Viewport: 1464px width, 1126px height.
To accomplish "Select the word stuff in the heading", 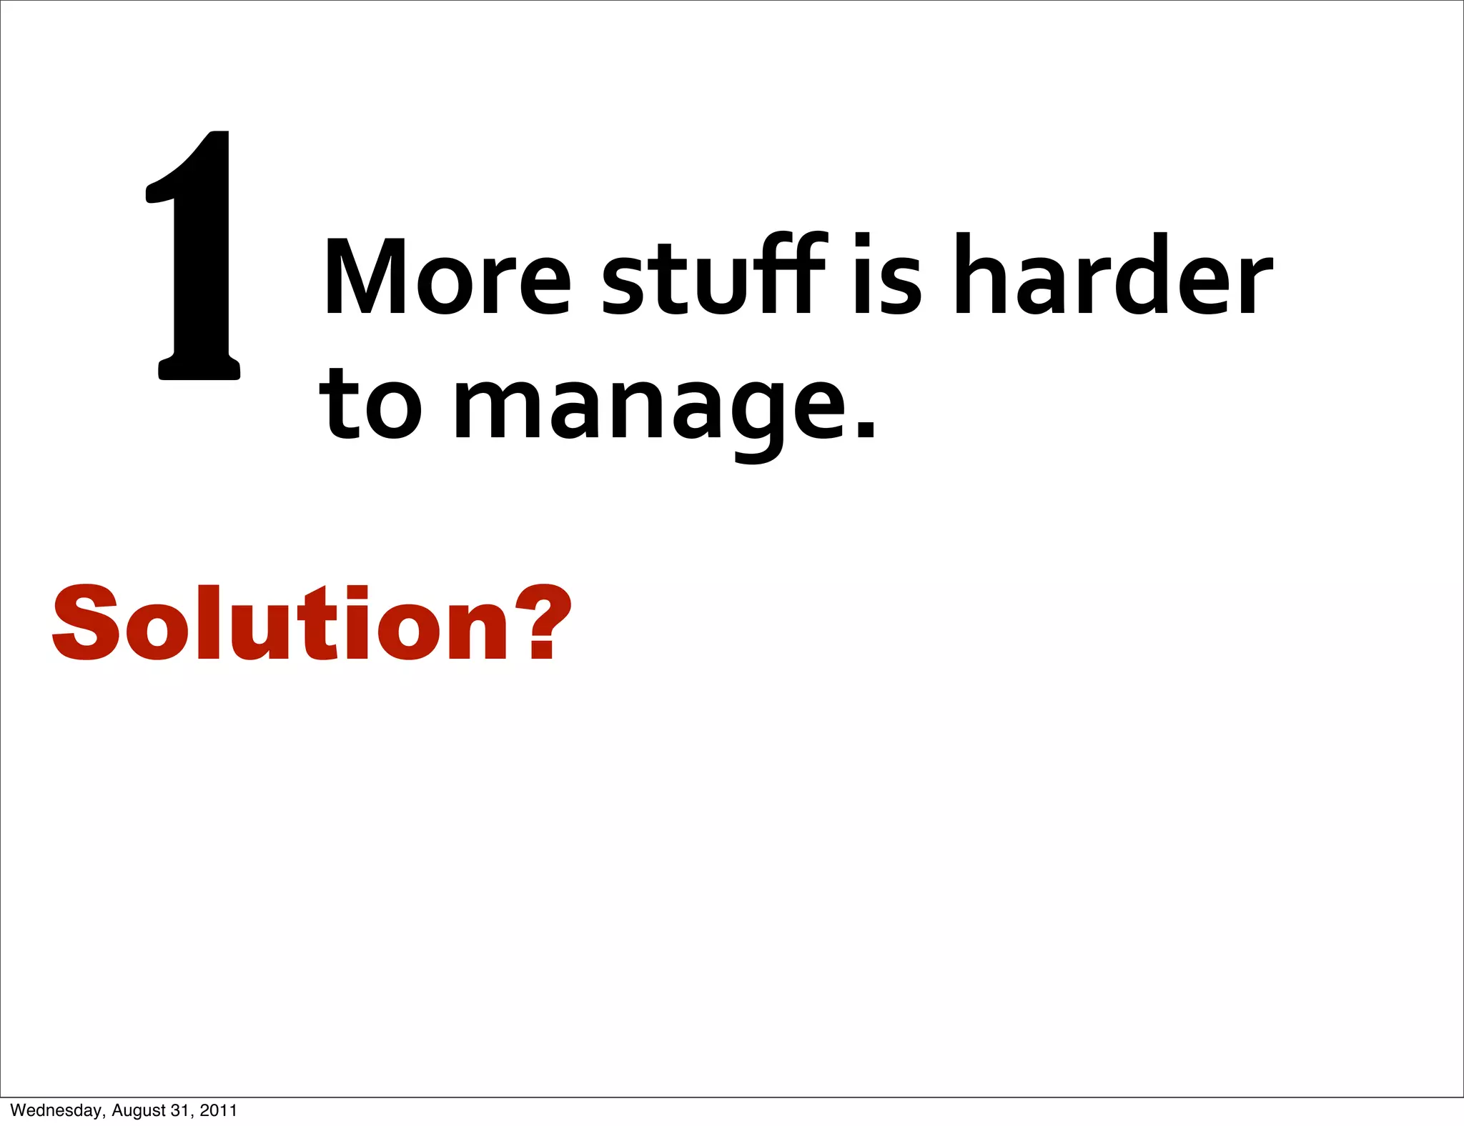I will tap(714, 275).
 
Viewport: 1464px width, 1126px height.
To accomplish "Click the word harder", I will tap(1114, 275).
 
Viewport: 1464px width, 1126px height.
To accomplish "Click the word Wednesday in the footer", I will tap(56, 1110).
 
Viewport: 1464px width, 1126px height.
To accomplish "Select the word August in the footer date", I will tap(139, 1110).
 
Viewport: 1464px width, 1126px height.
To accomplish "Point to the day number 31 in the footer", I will tap(180, 1110).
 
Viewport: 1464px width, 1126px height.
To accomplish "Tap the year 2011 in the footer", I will tap(218, 1110).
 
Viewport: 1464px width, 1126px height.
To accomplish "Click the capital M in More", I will tap(366, 276).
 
